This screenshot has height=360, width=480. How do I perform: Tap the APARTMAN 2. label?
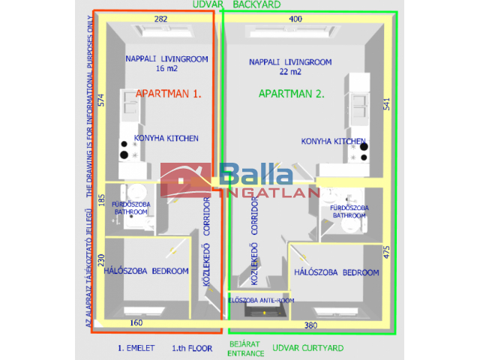(x=291, y=94)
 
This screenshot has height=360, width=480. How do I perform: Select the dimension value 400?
(x=295, y=18)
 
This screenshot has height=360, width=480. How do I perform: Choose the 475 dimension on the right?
(x=386, y=252)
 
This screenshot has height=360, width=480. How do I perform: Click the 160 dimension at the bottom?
(x=136, y=323)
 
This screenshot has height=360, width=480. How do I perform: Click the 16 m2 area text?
(x=166, y=68)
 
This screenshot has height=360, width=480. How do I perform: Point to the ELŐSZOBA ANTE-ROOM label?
(x=260, y=301)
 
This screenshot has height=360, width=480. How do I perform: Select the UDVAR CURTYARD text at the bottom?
(x=307, y=348)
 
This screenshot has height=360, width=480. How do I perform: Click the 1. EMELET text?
(x=136, y=348)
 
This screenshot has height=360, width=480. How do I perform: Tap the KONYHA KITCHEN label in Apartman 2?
(x=333, y=141)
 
